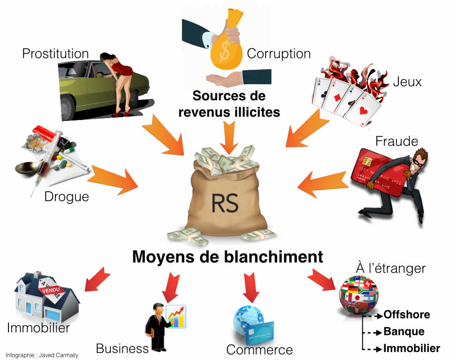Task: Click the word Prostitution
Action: point(55,54)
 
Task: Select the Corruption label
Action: point(279,54)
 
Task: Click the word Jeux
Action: point(407,82)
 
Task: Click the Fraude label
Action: point(396,140)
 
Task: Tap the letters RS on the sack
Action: point(225,203)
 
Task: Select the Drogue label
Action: point(67,196)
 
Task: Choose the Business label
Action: point(122,348)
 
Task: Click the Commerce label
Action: point(259,350)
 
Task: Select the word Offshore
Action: point(406,315)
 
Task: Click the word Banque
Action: point(404,331)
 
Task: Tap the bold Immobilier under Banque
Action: point(411,348)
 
